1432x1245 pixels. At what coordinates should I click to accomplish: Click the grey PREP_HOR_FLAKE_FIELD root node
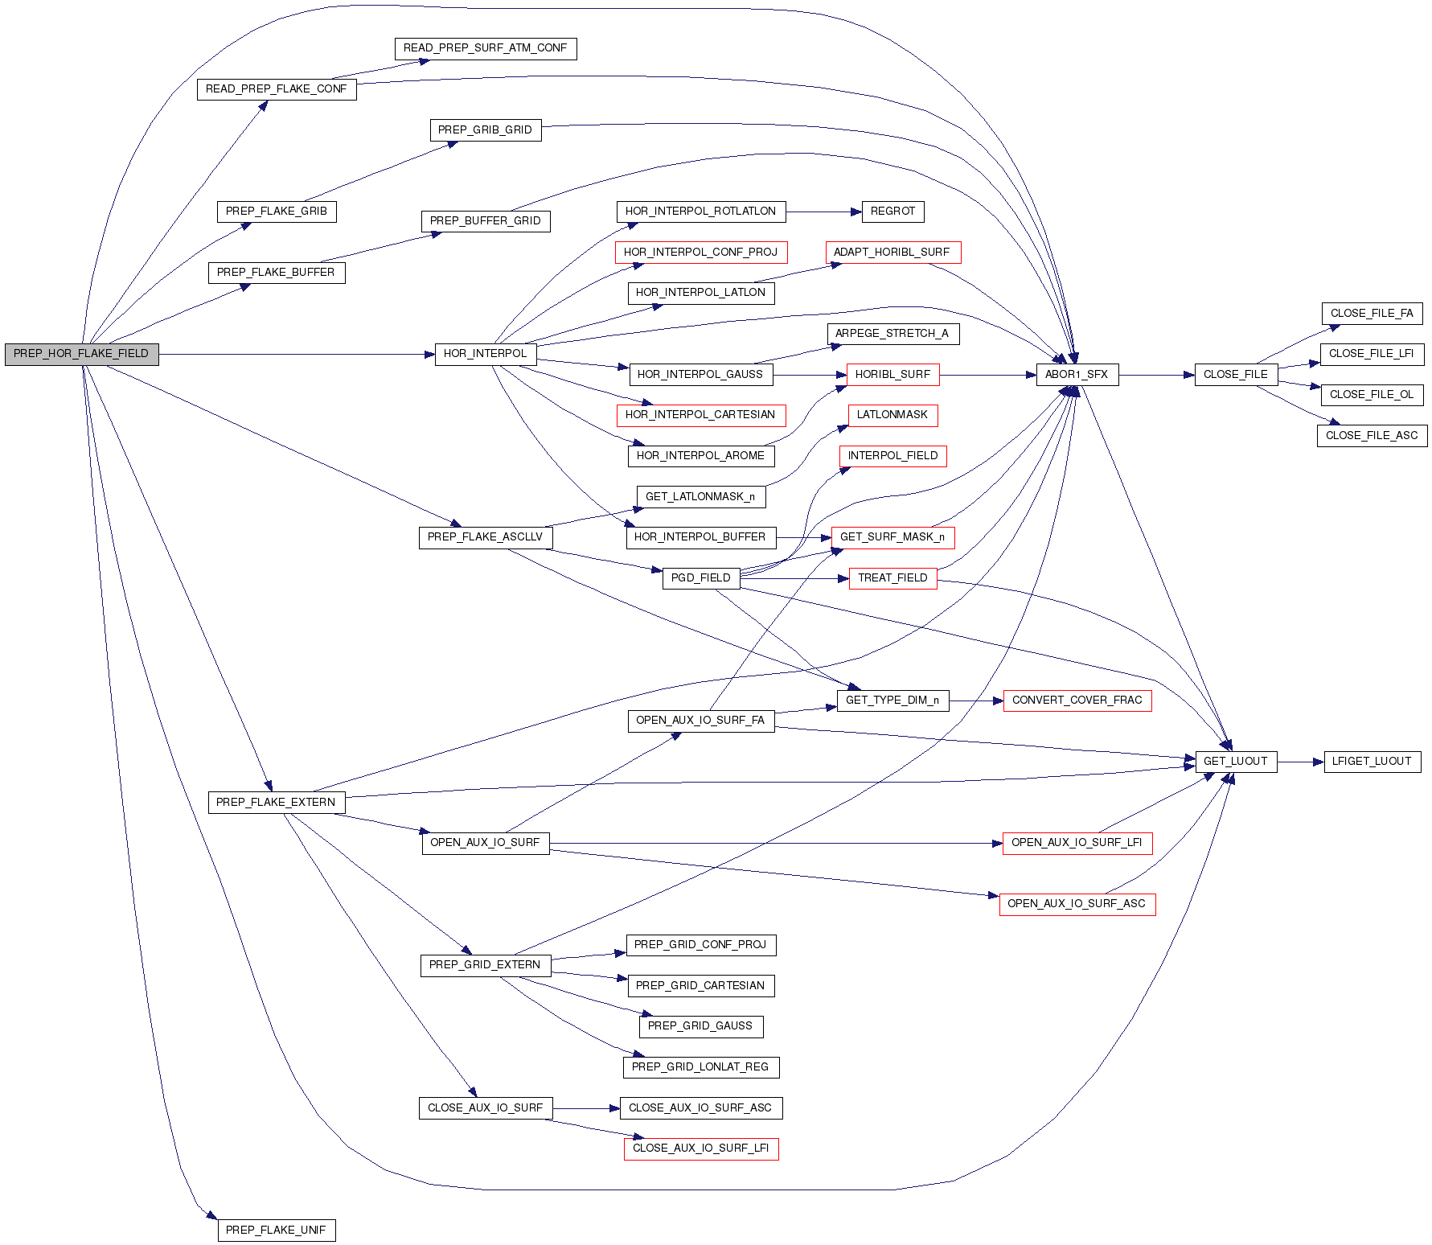point(81,354)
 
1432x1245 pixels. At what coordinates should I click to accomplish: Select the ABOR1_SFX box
point(1077,375)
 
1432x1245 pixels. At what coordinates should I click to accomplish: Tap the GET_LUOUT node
point(1235,762)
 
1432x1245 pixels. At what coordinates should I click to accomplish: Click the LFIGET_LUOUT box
point(1372,762)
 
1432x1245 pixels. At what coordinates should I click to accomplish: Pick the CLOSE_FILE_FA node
point(1372,314)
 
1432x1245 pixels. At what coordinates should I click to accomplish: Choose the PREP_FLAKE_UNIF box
point(276,1231)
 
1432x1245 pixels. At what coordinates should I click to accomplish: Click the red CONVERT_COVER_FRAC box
point(1077,701)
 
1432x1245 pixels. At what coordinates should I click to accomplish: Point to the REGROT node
point(892,212)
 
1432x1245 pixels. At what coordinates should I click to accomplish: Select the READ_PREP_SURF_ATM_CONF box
point(485,48)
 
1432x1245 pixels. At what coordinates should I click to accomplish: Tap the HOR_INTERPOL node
point(485,354)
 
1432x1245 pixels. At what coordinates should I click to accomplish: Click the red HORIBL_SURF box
point(892,375)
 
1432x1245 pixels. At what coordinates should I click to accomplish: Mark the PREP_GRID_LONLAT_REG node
point(700,1067)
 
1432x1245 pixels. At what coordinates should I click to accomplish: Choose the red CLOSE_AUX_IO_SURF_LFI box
point(700,1148)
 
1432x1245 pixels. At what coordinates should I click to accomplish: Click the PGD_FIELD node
point(700,578)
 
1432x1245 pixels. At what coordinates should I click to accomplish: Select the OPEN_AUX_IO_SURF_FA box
point(700,721)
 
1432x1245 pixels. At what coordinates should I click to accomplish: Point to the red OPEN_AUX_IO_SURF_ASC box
point(1077,904)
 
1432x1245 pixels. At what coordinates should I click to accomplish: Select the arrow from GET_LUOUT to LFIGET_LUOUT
point(1300,762)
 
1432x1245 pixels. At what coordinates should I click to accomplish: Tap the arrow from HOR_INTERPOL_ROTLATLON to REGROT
point(823,212)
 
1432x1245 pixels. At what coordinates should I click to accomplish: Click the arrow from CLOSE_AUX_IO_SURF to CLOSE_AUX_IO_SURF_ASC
point(586,1108)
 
